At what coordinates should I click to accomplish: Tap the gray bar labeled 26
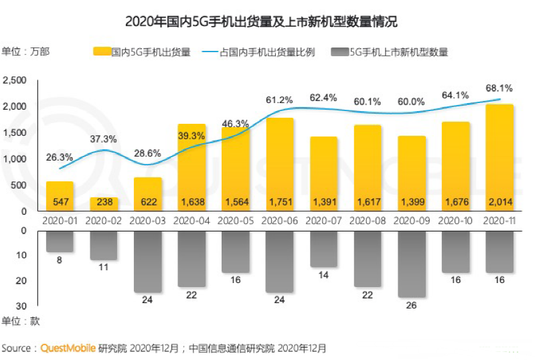pyautogui.click(x=412, y=264)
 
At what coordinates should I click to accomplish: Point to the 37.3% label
pyautogui.click(x=104, y=139)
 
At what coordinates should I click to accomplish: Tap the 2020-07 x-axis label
pyautogui.click(x=323, y=220)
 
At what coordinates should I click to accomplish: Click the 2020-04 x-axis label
pyautogui.click(x=191, y=220)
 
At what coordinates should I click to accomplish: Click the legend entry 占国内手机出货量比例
pyautogui.click(x=266, y=52)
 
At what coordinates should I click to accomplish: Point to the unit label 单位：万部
pyautogui.click(x=25, y=52)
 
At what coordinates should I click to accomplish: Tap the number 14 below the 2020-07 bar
pyautogui.click(x=323, y=275)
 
